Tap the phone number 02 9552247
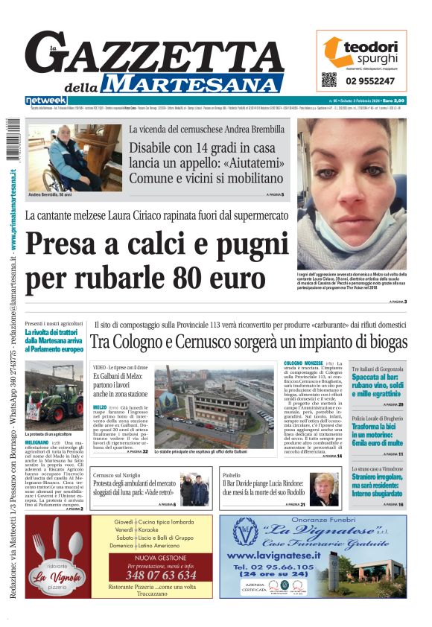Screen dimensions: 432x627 pos(369,80)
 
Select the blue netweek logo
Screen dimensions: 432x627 pos(46,100)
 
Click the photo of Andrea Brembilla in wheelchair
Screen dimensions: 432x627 pos(74,157)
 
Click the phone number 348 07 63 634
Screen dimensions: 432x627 pos(161,575)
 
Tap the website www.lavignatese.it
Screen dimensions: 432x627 pos(273,556)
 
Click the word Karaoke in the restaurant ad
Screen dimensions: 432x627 pos(155,529)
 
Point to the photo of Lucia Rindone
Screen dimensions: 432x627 pos(325,488)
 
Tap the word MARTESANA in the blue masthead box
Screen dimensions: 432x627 pos(199,83)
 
